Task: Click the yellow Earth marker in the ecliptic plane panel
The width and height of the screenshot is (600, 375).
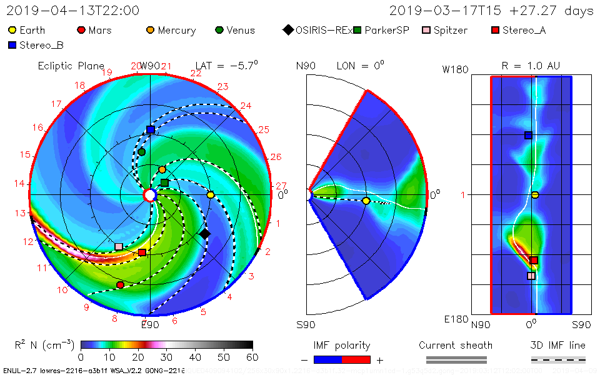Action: (x=211, y=195)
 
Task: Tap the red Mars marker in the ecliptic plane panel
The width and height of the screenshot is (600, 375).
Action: (x=120, y=285)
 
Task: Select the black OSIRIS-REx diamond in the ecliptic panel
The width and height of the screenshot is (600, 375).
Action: (x=204, y=234)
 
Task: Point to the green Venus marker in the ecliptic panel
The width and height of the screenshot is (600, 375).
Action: (x=142, y=152)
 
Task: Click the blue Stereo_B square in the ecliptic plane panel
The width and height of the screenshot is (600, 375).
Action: (x=151, y=130)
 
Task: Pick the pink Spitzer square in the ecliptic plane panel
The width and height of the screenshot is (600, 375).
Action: (x=119, y=247)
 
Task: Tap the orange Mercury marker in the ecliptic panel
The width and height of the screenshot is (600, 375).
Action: (x=162, y=169)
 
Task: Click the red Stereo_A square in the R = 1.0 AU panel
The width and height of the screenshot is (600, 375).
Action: (x=534, y=260)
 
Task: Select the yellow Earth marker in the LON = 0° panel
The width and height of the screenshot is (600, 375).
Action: (x=366, y=201)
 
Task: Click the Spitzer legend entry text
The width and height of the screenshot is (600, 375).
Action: (x=450, y=30)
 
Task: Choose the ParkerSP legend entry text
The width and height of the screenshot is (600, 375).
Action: (x=387, y=30)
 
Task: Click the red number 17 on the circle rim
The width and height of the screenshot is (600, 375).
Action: (x=57, y=104)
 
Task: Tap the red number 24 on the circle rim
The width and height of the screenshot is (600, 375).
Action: (x=246, y=106)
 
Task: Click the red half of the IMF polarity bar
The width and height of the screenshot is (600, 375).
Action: (x=356, y=360)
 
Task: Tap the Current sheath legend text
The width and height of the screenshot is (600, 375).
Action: (x=456, y=345)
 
